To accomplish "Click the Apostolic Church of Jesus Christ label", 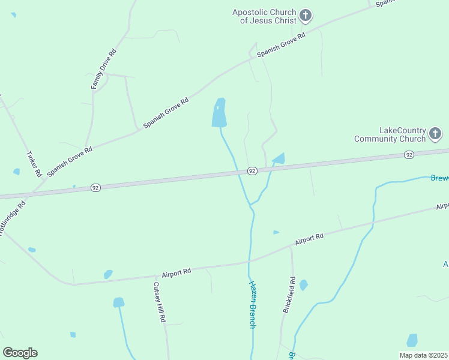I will [x=265, y=16].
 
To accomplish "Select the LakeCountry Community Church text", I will [x=390, y=134].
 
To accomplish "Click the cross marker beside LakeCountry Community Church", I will [x=435, y=134].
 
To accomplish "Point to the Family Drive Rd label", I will [x=103, y=69].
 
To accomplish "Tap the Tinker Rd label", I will [x=34, y=163].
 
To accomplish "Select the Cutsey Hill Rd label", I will [x=159, y=303].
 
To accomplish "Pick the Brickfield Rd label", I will [x=289, y=295].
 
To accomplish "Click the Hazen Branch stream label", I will [x=253, y=305].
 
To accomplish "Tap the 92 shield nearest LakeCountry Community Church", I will [x=409, y=155].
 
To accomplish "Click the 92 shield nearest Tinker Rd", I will [x=95, y=188].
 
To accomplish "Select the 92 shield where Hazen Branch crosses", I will [x=252, y=171].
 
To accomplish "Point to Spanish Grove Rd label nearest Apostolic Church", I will [x=282, y=45].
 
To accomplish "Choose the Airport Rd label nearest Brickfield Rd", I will [x=309, y=239].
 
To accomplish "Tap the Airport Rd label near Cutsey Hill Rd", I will [x=176, y=272].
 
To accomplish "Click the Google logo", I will [x=20, y=353].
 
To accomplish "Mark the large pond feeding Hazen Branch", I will [x=219, y=113].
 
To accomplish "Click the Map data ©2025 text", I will [x=424, y=355].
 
